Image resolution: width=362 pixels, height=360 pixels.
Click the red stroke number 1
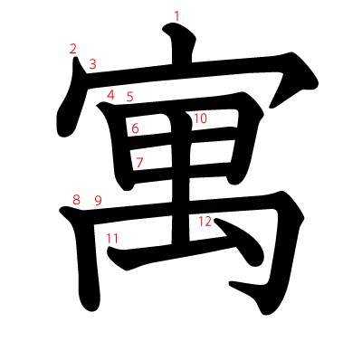tap(176, 15)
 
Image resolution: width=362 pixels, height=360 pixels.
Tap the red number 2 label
tap(72, 49)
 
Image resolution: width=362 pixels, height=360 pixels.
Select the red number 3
tap(92, 64)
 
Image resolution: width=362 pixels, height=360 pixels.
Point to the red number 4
tap(110, 95)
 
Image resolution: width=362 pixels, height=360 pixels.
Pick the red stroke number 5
tap(129, 97)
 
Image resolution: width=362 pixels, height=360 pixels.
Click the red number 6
tap(135, 128)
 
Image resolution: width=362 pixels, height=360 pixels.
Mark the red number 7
tap(139, 163)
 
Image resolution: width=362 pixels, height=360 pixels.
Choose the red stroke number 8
tap(76, 199)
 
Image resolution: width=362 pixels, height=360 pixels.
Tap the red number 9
tap(98, 200)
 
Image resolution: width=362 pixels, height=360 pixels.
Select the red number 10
tap(200, 118)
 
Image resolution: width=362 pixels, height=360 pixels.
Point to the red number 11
tap(112, 238)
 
